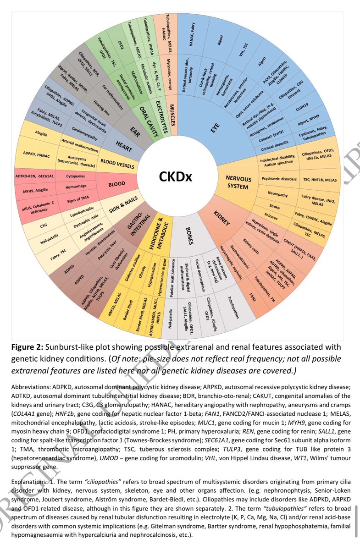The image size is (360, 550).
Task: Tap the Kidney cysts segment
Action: (251, 244)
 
